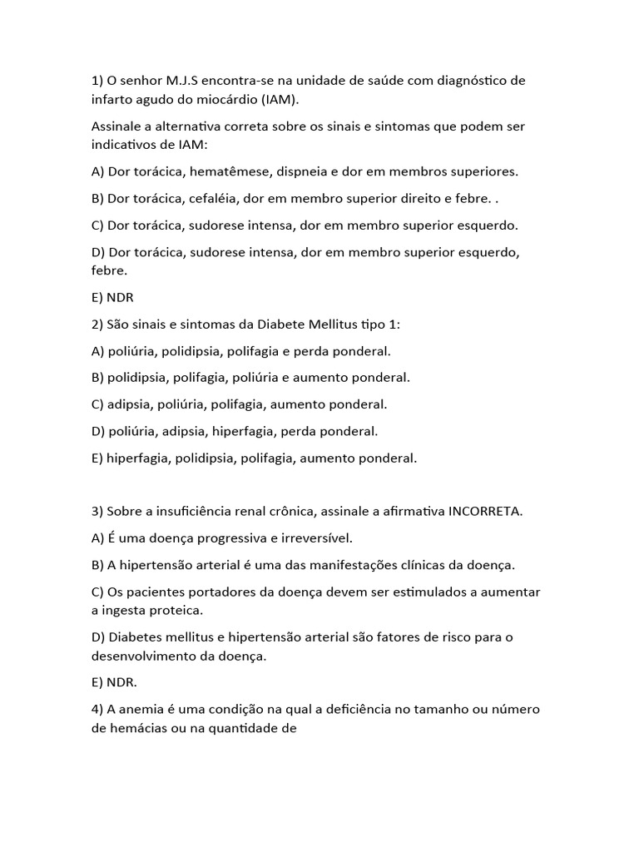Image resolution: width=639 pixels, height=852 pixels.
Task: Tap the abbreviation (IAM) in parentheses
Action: (278, 99)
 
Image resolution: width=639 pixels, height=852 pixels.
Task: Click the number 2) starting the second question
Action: (97, 324)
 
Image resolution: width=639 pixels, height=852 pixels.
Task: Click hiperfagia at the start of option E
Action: (136, 458)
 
